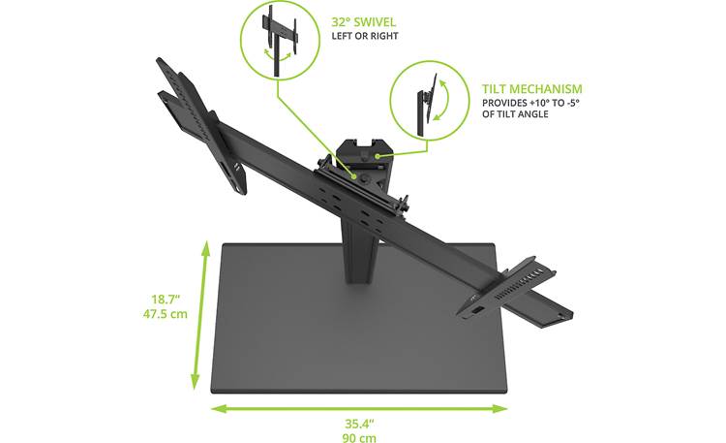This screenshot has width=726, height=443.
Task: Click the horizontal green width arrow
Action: coord(357,408)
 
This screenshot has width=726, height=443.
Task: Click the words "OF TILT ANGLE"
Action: coord(515,114)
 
